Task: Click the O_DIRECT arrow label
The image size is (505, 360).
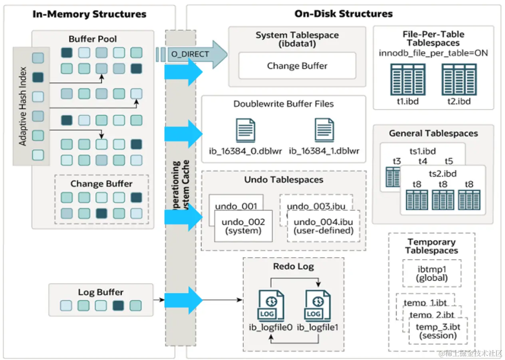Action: [x=190, y=54]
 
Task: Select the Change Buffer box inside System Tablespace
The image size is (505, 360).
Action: [x=297, y=66]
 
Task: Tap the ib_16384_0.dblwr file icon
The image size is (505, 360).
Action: [x=245, y=130]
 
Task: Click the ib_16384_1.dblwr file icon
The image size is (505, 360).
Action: [x=324, y=130]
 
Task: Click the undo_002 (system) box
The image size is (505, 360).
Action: [x=243, y=226]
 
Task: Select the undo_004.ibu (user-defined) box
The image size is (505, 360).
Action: [x=323, y=226]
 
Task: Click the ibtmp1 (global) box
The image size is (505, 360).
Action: [x=431, y=273]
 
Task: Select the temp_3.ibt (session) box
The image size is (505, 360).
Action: [x=437, y=331]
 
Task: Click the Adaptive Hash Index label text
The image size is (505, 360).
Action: [x=23, y=106]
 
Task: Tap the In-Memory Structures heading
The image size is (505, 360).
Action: [x=89, y=14]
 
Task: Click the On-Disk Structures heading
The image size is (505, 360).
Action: [x=344, y=14]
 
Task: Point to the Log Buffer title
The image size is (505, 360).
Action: [x=101, y=292]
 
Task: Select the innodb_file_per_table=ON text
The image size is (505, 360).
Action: [x=433, y=53]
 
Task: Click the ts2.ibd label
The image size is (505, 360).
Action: [x=443, y=174]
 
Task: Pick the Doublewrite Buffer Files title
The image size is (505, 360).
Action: [x=284, y=104]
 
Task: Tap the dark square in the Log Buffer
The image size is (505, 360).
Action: [x=118, y=306]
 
